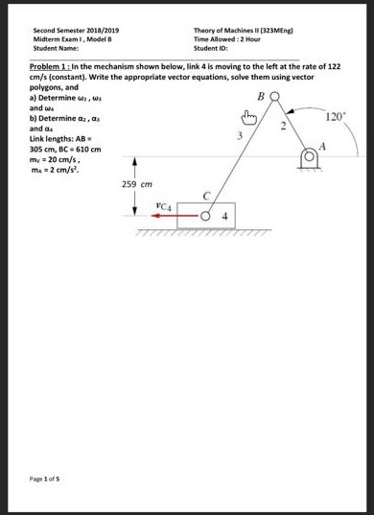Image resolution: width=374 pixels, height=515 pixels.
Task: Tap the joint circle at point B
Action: pos(274,98)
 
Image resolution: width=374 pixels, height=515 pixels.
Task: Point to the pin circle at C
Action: pos(204,216)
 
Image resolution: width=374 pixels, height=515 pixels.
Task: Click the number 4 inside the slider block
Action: pos(222,216)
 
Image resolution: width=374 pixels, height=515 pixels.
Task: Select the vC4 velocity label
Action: pos(163,203)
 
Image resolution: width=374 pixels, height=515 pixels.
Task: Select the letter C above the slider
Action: pos(206,198)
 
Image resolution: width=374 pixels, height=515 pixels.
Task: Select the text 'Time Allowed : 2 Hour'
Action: pos(226,38)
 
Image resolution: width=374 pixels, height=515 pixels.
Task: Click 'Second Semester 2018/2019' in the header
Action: pos(66,30)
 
